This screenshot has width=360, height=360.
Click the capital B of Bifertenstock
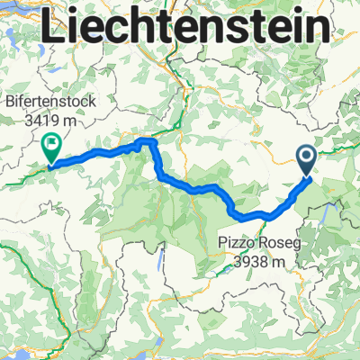point(13,102)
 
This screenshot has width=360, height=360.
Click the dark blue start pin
point(306,160)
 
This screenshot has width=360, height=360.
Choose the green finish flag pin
point(51,145)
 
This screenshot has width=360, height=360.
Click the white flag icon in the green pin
point(51,140)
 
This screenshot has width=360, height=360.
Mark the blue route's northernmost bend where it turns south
point(152,142)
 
